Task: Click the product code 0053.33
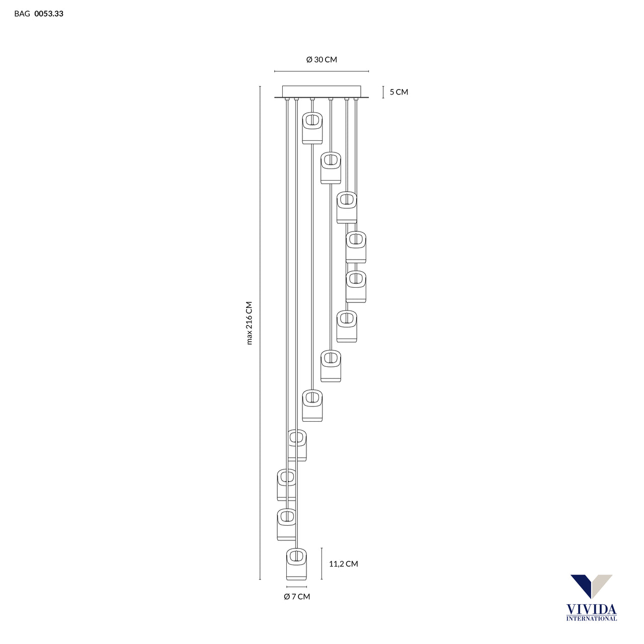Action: tap(49, 14)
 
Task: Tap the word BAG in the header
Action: tap(22, 14)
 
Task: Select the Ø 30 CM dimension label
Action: tap(321, 59)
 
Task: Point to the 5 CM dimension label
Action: tap(398, 92)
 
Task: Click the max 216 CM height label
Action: tap(250, 323)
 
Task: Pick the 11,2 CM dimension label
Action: tap(343, 564)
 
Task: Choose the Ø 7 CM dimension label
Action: tap(297, 597)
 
